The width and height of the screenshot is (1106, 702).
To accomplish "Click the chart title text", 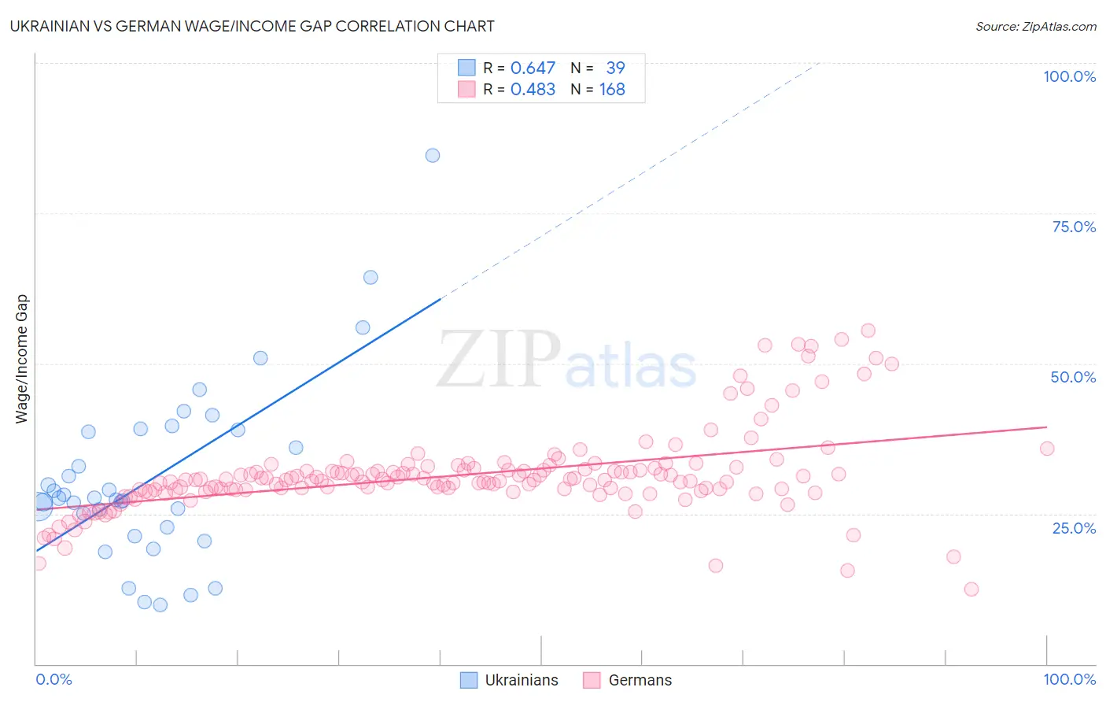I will (252, 26).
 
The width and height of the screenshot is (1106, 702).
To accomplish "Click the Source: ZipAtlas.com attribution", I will (1035, 26).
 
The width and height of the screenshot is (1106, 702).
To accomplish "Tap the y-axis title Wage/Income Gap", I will (22, 359).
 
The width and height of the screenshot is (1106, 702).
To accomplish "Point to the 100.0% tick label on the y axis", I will (1069, 76).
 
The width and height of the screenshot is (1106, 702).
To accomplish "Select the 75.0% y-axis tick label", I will (1073, 227).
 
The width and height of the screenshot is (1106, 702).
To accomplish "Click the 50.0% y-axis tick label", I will (1073, 377).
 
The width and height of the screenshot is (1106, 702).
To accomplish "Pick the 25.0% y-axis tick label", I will (1073, 528).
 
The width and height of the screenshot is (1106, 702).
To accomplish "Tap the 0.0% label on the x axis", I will (53, 679).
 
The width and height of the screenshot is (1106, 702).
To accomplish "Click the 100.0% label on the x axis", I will (1069, 679).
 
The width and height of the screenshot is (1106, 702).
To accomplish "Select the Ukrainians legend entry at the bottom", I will (509, 680).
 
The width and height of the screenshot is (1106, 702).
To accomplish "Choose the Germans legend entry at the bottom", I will (628, 680).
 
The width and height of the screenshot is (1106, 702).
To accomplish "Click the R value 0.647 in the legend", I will (533, 68).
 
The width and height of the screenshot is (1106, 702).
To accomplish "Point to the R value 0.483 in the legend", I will (533, 90).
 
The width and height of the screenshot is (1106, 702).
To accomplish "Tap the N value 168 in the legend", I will (612, 90).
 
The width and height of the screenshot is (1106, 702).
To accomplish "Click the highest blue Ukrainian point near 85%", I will (433, 155).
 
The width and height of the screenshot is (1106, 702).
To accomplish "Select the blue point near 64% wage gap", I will (371, 277).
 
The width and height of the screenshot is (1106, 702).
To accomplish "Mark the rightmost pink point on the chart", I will (1047, 449).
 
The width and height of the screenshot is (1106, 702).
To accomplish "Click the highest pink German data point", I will (868, 331).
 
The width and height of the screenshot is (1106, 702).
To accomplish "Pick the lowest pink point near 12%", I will (971, 589).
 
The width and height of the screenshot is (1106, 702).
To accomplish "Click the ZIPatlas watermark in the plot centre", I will (566, 360).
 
